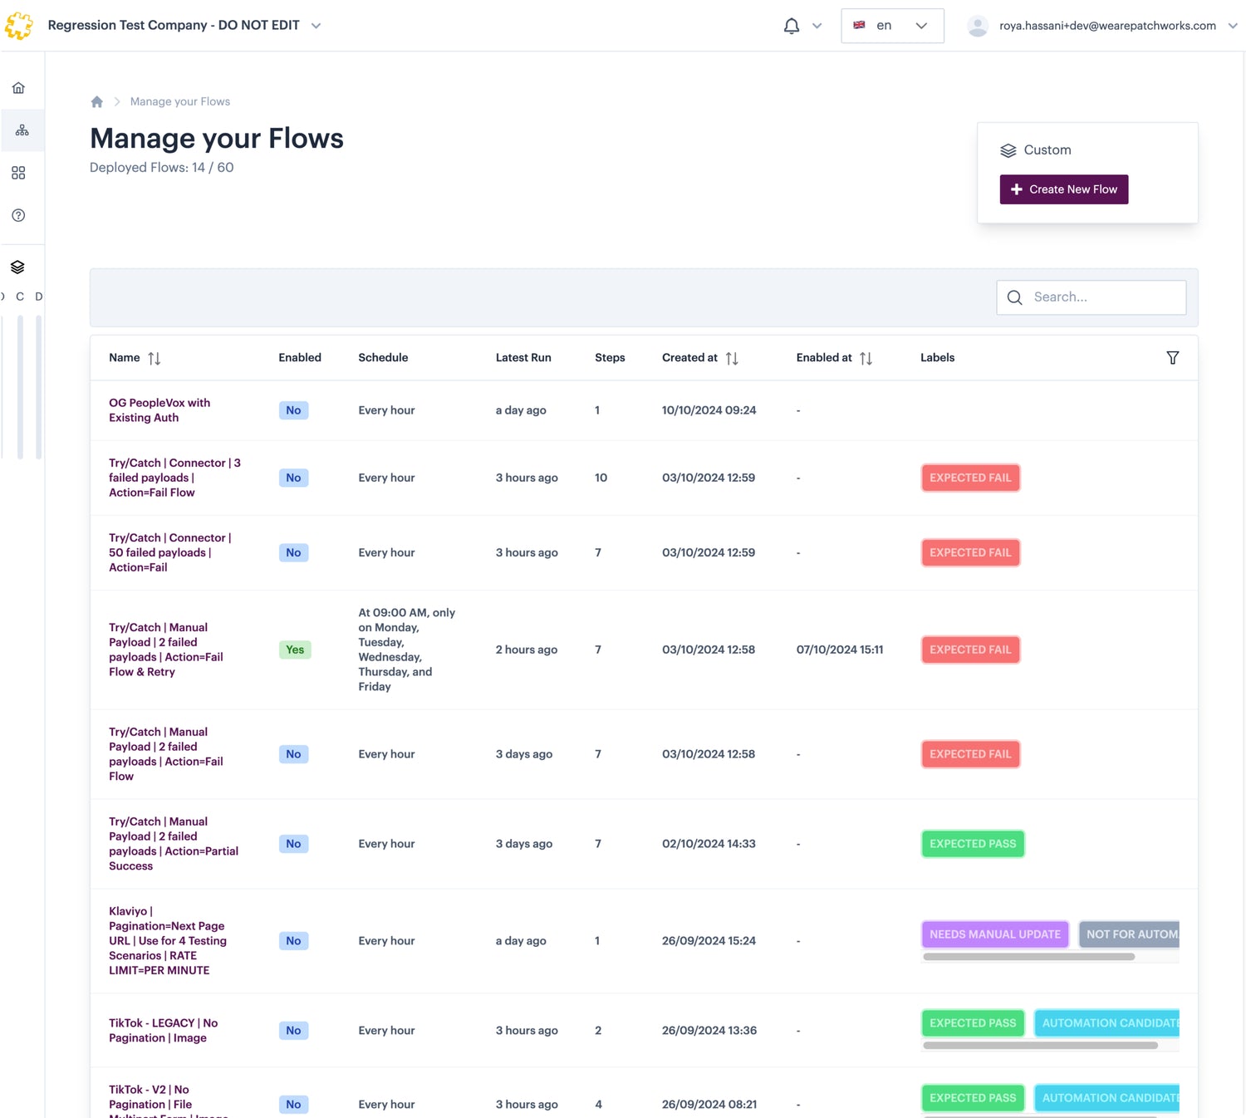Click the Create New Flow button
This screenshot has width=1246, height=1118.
pos(1063,189)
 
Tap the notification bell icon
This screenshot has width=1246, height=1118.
pos(792,26)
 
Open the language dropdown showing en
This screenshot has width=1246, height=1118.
pos(891,26)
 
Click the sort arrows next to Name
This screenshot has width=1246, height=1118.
pos(155,358)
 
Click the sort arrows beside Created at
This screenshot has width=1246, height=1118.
pos(732,358)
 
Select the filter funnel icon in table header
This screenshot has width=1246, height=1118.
pos(1172,358)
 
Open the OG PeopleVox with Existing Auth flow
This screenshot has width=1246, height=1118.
pos(159,410)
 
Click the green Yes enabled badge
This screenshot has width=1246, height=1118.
pos(295,650)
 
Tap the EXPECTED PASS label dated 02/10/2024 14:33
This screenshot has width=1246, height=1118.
pos(972,844)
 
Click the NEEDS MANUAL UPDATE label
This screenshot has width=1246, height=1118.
pos(994,934)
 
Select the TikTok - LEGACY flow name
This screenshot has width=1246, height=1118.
pos(163,1031)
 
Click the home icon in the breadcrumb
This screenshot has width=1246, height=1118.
pos(97,101)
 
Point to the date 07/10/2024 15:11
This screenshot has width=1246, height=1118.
pos(839,650)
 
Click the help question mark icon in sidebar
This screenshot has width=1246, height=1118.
pos(18,215)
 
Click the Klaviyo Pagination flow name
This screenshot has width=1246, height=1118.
pos(167,941)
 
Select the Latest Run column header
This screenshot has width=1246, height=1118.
pos(523,358)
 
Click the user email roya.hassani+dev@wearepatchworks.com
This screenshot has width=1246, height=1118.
pos(1106,26)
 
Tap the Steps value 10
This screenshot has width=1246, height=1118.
pos(601,478)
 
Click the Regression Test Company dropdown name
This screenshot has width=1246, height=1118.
pos(174,26)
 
